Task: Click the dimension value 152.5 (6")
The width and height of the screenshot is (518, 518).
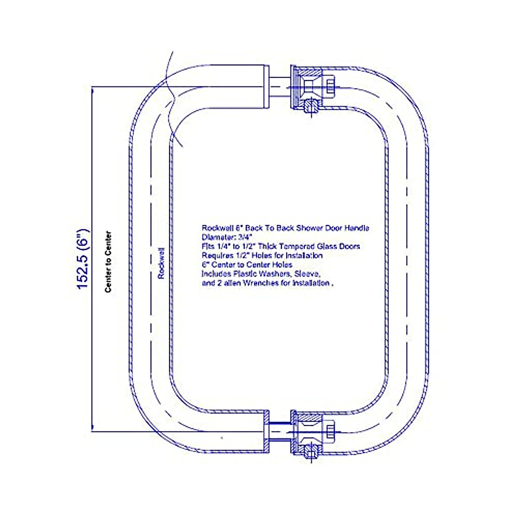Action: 83,259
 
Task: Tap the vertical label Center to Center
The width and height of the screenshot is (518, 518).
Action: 108,262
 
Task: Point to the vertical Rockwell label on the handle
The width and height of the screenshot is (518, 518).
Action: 161,263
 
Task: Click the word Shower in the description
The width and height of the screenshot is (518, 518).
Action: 310,228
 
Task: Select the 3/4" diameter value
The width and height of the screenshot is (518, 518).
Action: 244,237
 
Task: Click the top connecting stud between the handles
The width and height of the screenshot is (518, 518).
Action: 279,86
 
